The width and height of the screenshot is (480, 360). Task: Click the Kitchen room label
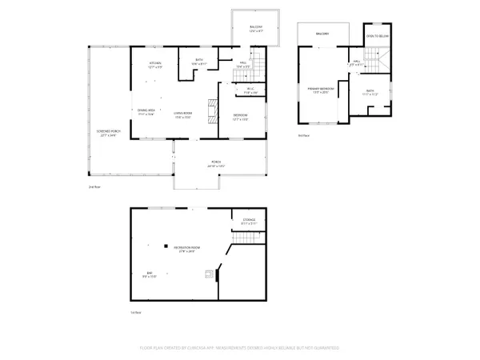(x=155, y=65)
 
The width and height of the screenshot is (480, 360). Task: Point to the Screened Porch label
(x=107, y=134)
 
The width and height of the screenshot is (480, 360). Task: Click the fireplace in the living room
(x=213, y=110)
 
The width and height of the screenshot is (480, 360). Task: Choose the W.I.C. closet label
(x=250, y=90)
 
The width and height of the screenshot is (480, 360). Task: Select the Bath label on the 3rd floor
(x=370, y=92)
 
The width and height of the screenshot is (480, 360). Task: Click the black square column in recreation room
(x=166, y=246)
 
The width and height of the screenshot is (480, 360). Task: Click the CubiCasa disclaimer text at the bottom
(x=239, y=348)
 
